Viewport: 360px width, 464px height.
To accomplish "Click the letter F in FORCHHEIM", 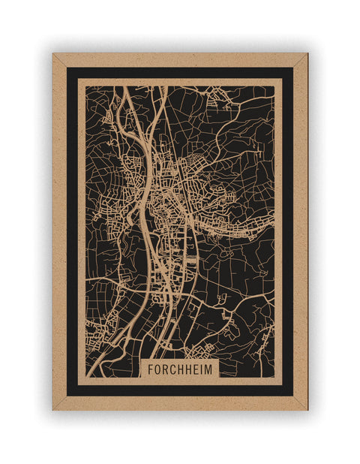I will point(151,369).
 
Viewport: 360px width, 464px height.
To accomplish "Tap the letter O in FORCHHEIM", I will point(158,369).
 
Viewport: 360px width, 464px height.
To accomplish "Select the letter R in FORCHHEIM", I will point(166,369).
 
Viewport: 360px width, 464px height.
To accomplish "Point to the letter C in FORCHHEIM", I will point(173,369).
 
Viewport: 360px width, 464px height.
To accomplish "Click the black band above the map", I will point(180,72).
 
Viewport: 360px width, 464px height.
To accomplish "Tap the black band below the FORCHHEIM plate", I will point(180,390).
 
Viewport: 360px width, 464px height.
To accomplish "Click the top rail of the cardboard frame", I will point(180,59).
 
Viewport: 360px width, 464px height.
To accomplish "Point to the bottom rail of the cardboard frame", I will point(180,403).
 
